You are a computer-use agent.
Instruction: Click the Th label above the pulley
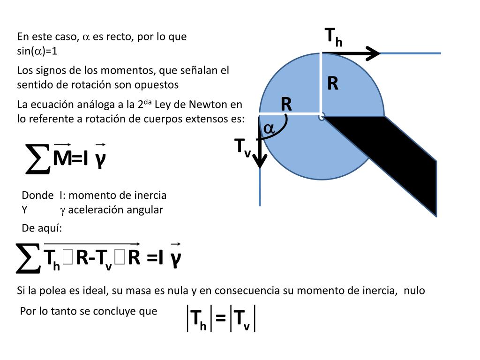click(x=333, y=37)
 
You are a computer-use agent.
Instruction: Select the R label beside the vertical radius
click(x=333, y=84)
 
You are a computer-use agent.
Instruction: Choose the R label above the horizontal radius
click(x=286, y=104)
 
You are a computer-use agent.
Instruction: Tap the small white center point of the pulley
click(x=321, y=116)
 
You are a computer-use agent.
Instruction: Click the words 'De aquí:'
click(x=42, y=228)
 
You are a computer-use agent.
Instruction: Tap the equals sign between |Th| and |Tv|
click(x=221, y=319)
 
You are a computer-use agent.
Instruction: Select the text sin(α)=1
click(x=37, y=51)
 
